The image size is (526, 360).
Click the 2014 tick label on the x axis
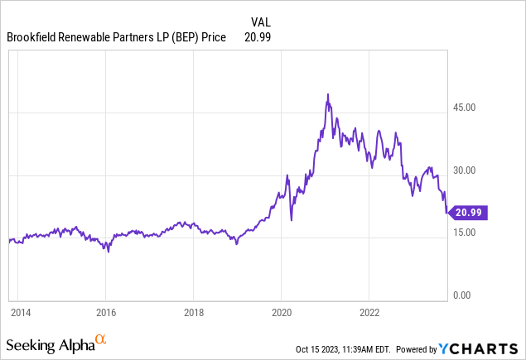21,313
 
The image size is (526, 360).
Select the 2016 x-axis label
106,313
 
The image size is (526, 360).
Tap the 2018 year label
193,313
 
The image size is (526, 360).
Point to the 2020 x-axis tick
281,313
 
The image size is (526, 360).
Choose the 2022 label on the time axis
369,313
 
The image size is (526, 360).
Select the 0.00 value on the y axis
461,295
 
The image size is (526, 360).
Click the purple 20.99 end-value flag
469,213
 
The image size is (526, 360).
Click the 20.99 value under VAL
258,37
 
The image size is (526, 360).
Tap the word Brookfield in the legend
33,37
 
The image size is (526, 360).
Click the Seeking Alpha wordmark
49,343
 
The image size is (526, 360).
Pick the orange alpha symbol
101,338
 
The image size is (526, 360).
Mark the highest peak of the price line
328,94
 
